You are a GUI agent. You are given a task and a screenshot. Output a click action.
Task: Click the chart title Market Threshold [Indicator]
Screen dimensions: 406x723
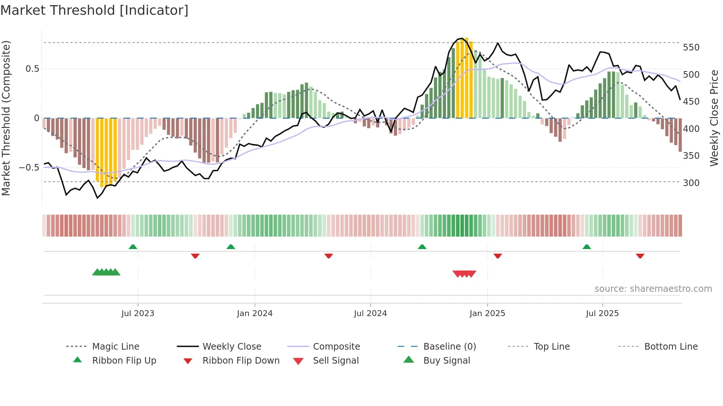click(94, 10)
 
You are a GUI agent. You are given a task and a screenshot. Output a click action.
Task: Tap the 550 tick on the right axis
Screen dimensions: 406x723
click(691, 48)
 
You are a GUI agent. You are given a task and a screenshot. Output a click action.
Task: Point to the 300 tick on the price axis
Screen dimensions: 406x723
click(691, 183)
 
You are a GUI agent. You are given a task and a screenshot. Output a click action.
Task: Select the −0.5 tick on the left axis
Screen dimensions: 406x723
click(29, 168)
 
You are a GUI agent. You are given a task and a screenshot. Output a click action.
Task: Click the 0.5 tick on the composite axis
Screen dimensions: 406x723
click(32, 69)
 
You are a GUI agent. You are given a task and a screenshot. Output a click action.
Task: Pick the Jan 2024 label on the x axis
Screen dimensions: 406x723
click(255, 314)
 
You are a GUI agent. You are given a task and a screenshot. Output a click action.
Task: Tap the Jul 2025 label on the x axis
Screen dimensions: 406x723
click(602, 314)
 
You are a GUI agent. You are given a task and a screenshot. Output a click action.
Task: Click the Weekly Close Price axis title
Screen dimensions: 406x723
click(714, 118)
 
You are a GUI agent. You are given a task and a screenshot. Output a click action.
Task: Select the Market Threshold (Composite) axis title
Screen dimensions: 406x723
click(6, 118)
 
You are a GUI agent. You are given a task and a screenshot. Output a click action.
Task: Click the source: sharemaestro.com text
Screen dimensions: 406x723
click(653, 289)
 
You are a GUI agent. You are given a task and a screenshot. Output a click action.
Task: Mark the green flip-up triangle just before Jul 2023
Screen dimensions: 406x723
click(133, 247)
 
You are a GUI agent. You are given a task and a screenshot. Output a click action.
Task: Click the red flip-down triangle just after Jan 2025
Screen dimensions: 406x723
click(498, 256)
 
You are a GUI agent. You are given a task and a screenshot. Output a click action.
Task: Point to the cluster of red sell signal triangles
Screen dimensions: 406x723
click(464, 274)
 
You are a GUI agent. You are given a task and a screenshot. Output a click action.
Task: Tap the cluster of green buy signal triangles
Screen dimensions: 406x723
click(106, 272)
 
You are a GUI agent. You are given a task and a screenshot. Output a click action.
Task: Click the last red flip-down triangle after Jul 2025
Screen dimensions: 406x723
click(640, 256)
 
